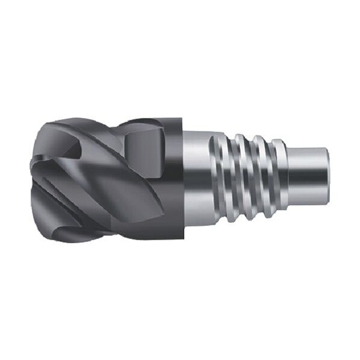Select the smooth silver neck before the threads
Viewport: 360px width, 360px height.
coord(196,181)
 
